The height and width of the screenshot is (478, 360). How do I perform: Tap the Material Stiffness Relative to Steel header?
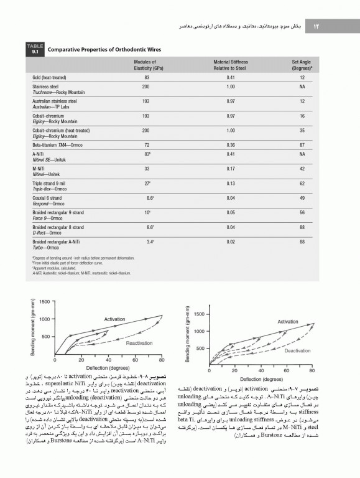point(230,65)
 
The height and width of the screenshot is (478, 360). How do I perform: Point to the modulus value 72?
point(147,144)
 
